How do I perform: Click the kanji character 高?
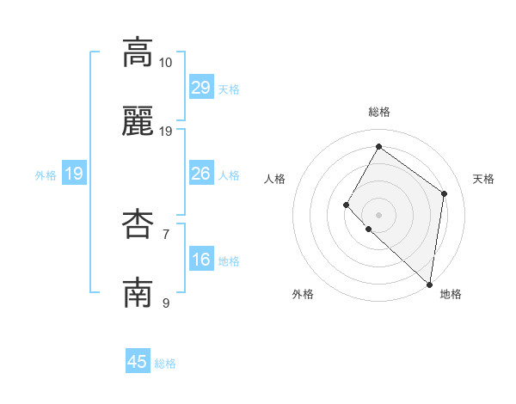click(x=138, y=52)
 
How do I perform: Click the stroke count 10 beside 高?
click(x=166, y=63)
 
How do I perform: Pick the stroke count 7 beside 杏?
click(x=166, y=234)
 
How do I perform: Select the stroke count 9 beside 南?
click(x=166, y=303)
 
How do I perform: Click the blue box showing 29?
click(x=201, y=88)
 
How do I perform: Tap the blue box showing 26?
click(x=201, y=174)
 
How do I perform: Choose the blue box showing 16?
click(x=201, y=260)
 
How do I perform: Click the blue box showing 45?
click(x=138, y=362)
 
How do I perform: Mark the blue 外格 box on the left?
click(x=74, y=174)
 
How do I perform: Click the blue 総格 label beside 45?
click(x=165, y=364)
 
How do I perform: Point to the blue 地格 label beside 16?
click(x=229, y=261)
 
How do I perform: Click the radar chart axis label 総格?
click(x=378, y=113)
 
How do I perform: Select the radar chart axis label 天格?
click(x=483, y=179)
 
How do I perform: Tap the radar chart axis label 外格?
click(x=303, y=294)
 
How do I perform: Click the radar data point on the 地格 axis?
click(x=429, y=284)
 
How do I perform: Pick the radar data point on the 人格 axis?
click(x=347, y=205)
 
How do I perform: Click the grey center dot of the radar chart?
click(x=378, y=214)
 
